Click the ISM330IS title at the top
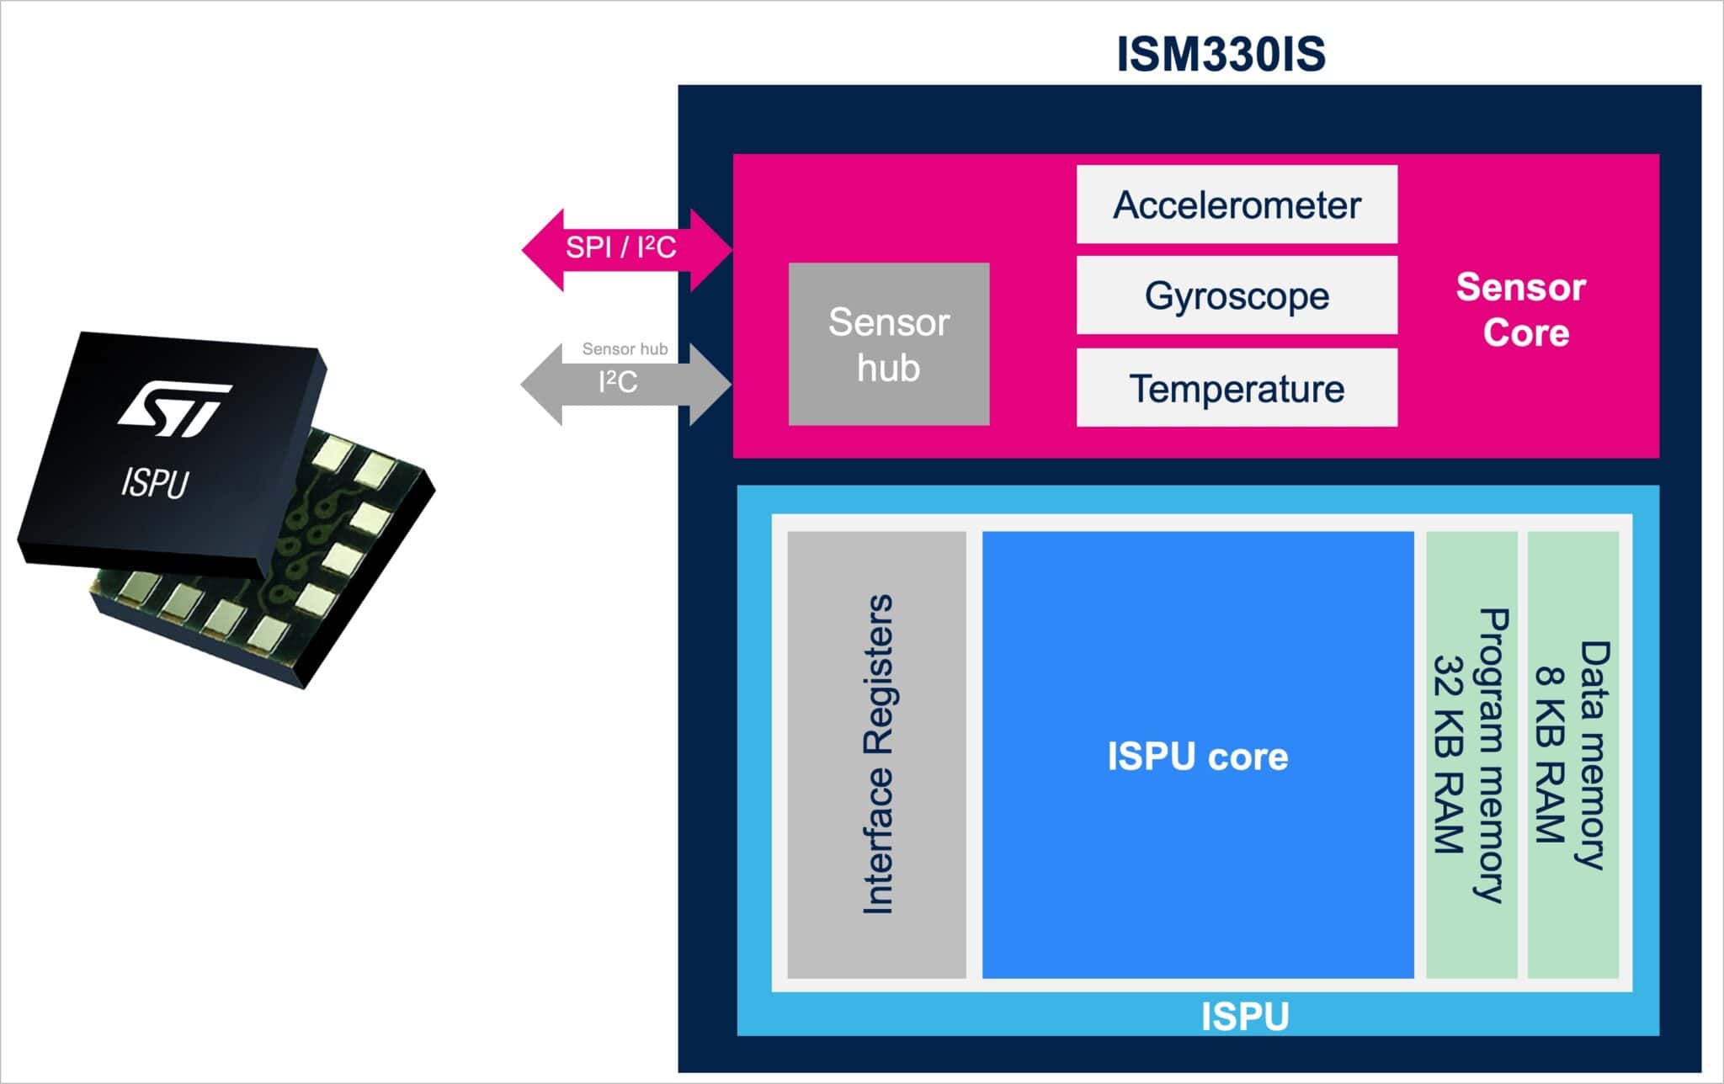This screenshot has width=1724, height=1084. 1221,55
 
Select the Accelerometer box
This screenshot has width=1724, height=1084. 1236,205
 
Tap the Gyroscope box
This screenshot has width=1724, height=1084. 1236,295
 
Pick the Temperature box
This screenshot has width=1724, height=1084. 1236,388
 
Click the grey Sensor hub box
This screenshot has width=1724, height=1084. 888,344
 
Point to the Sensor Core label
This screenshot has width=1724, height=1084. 1522,310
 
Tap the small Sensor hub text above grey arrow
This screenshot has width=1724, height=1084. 625,348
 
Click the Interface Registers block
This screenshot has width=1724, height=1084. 876,754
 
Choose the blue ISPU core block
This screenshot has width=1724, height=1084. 1197,755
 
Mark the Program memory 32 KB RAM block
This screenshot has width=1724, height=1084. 1471,754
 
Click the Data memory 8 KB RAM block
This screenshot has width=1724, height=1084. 1572,754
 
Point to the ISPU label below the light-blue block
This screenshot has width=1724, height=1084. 1244,1017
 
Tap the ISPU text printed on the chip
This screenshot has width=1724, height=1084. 155,484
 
